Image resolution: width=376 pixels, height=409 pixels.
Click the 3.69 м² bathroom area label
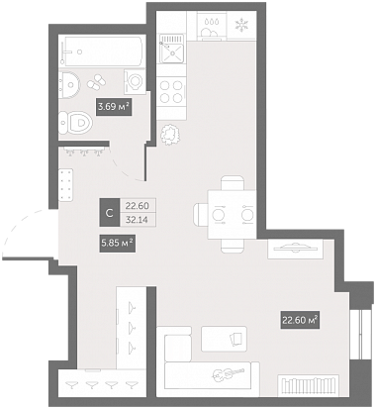[114, 107]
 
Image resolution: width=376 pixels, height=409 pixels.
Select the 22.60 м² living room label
[300, 320]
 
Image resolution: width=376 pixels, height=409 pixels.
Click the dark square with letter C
[110, 212]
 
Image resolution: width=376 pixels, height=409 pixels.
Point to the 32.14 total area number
[138, 219]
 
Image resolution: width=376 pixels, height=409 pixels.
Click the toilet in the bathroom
[75, 123]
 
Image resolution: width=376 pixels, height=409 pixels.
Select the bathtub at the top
[103, 51]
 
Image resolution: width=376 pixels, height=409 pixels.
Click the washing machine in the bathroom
[135, 81]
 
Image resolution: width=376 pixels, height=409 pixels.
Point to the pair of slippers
[96, 81]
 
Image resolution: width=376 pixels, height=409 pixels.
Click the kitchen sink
[171, 49]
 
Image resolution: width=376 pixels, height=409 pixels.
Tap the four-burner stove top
[171, 91]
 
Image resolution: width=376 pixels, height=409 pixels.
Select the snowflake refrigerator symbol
[242, 25]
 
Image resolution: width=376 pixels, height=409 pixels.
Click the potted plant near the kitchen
[170, 134]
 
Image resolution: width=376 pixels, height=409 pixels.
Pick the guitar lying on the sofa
[229, 373]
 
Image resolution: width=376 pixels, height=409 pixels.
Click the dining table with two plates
[232, 215]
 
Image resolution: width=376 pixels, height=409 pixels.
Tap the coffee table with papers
[224, 339]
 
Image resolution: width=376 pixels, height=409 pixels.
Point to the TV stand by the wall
[295, 249]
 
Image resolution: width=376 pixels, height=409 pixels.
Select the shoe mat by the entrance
[65, 184]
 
